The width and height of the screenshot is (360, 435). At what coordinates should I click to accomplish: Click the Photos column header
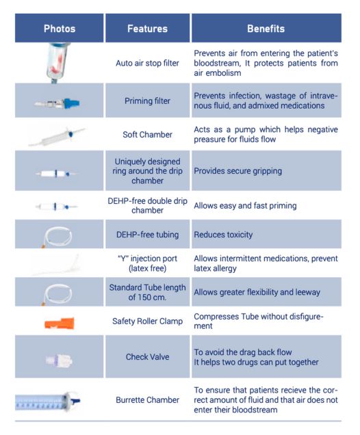(x=60, y=29)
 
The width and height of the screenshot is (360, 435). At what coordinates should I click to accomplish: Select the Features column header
(x=147, y=29)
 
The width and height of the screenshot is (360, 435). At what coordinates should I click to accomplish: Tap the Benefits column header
(x=266, y=29)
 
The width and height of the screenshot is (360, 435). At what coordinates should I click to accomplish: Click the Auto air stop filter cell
(x=147, y=64)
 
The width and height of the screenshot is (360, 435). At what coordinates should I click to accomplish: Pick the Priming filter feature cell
(x=147, y=100)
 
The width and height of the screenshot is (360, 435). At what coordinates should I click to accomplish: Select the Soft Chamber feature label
(x=147, y=135)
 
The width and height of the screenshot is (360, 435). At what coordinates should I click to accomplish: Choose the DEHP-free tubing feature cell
(x=147, y=235)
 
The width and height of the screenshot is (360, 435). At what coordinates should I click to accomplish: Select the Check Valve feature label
(x=147, y=358)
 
